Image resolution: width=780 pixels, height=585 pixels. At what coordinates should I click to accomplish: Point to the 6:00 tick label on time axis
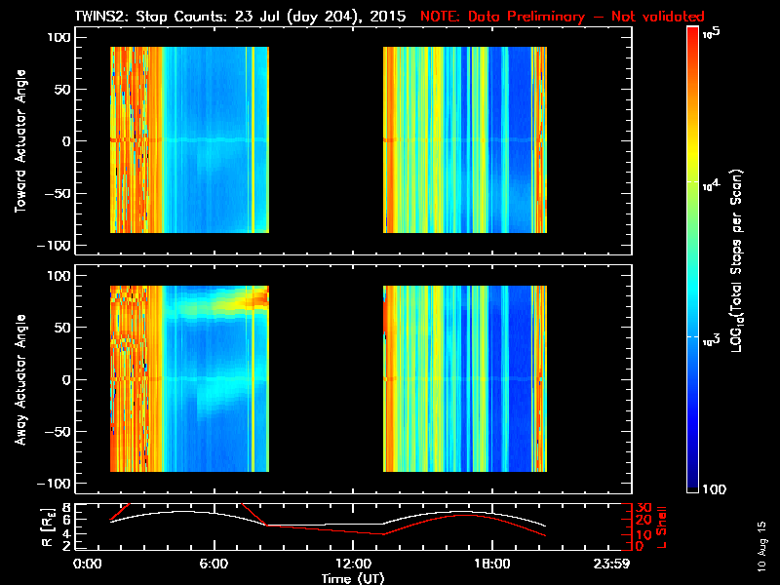(214, 565)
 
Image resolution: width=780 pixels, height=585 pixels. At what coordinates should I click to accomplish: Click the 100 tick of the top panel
(60, 36)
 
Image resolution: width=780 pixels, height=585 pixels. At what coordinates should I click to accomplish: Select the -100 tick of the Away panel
(58, 485)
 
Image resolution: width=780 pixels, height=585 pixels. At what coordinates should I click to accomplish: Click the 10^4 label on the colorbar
(712, 182)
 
